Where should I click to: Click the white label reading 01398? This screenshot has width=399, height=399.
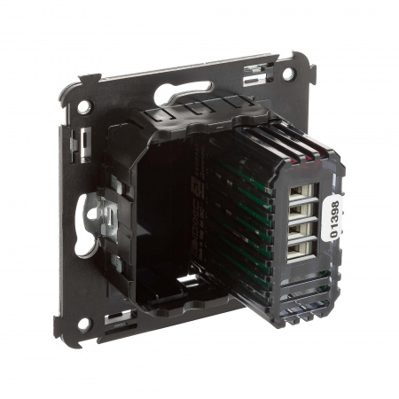[x=334, y=219]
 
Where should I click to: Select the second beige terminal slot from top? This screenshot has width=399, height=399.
[x=301, y=211]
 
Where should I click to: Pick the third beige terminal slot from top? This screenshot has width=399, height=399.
[x=300, y=230]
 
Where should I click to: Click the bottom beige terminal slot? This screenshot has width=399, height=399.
[x=300, y=249]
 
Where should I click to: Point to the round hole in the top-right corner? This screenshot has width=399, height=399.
[x=288, y=74]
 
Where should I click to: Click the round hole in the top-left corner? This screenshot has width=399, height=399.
[x=84, y=106]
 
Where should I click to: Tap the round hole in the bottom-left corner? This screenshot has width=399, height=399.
[x=84, y=325]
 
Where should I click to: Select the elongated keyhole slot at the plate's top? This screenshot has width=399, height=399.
[x=184, y=91]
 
